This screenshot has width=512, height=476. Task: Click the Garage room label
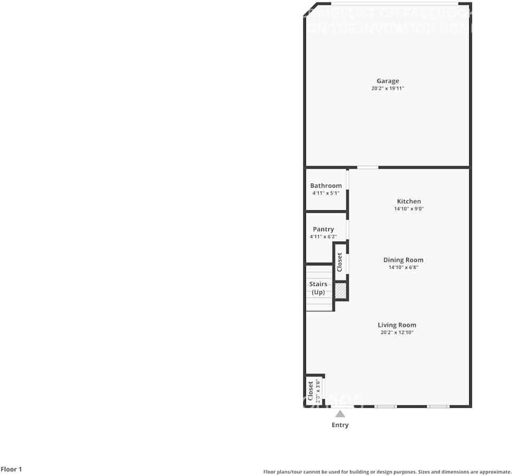[388, 81]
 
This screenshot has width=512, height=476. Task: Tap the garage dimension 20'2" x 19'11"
[388, 89]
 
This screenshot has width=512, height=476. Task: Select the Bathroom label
[326, 186]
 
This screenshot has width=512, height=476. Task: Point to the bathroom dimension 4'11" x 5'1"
[326, 193]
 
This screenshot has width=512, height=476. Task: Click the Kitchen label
[408, 201]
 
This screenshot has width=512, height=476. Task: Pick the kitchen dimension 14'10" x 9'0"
[408, 209]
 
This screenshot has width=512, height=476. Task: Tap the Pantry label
[324, 229]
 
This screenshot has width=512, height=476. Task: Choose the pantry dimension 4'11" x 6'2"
[324, 236]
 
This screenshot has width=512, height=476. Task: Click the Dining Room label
[403, 260]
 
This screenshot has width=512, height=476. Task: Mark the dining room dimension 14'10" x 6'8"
[403, 268]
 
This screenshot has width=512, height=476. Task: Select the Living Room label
[397, 325]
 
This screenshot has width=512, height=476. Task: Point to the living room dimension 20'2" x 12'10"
[397, 332]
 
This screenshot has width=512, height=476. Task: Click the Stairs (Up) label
[318, 288]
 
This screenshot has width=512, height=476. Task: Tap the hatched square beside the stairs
[341, 291]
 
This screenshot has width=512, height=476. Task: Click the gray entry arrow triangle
[340, 414]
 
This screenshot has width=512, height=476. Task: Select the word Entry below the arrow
[340, 425]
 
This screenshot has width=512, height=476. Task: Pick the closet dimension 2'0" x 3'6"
[318, 391]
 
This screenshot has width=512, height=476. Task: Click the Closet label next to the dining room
[340, 262]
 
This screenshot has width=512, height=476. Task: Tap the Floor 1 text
[11, 470]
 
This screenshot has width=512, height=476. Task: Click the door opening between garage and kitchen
[367, 168]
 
